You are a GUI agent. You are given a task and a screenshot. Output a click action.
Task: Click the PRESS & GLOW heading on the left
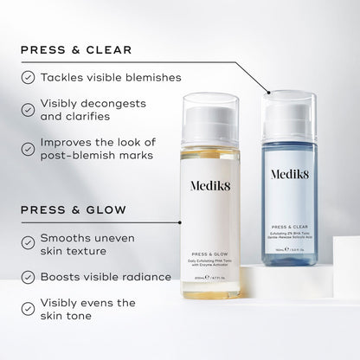[76, 209]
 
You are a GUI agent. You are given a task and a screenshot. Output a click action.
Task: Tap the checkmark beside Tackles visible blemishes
[28, 77]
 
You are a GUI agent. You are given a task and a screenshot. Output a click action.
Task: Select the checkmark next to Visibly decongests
[28, 106]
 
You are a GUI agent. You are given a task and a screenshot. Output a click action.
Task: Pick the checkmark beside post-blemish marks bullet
[28, 149]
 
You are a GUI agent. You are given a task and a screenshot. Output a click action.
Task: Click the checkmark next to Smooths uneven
[28, 238]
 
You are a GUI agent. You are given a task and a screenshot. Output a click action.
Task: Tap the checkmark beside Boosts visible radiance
[28, 277]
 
